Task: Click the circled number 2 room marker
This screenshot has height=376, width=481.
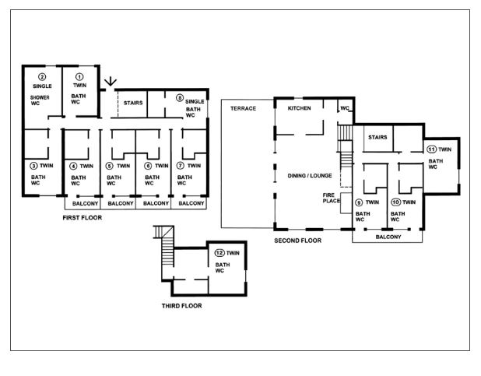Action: (x=42, y=77)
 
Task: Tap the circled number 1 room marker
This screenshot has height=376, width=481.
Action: (x=79, y=76)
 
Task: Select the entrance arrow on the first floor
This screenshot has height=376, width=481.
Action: (x=110, y=82)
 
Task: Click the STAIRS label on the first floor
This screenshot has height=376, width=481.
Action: (x=133, y=103)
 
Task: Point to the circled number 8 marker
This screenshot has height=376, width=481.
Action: (x=180, y=98)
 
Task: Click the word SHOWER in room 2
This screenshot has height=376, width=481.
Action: (x=40, y=97)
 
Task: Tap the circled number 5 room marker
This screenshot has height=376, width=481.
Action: (x=109, y=166)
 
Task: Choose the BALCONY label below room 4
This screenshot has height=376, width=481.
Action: (x=86, y=203)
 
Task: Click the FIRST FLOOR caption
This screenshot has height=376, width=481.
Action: (x=83, y=218)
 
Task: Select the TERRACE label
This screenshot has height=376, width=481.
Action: (x=244, y=108)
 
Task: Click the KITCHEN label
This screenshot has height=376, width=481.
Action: (x=300, y=108)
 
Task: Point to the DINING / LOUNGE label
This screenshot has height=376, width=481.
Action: (x=310, y=176)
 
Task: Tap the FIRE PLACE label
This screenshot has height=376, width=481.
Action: (x=332, y=198)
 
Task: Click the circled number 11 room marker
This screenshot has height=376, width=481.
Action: (x=432, y=149)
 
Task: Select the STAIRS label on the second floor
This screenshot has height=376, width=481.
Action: (x=377, y=137)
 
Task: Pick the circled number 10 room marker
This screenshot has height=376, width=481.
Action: (x=395, y=202)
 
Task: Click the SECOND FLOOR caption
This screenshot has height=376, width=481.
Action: (x=298, y=241)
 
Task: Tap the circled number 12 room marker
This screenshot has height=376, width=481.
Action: (x=219, y=253)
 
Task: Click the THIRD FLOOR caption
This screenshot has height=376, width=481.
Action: (x=182, y=306)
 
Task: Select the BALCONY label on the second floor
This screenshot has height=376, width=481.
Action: (x=388, y=237)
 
